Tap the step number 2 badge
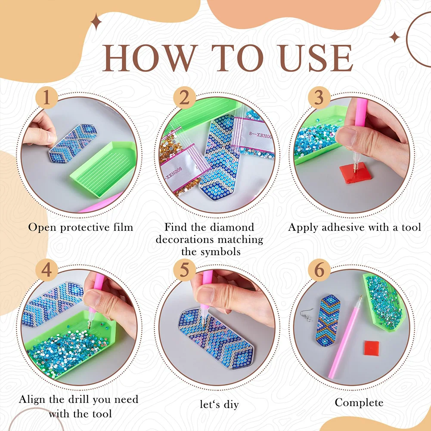(184, 99)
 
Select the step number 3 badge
(319, 99)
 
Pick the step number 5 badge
(184, 270)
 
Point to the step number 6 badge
(319, 270)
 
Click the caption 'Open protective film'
(81, 227)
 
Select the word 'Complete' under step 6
(359, 403)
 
